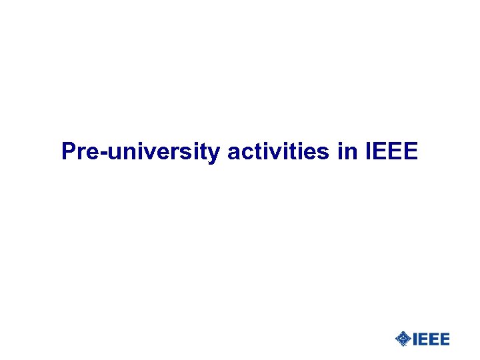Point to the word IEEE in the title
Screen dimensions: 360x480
tap(392, 152)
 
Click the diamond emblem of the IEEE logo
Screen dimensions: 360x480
tap(403, 339)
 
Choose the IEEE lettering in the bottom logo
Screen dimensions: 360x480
tap(431, 339)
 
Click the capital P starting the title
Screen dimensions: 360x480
tap(68, 152)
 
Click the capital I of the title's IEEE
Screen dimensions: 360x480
tap(369, 152)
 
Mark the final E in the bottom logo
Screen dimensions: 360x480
tap(445, 339)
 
